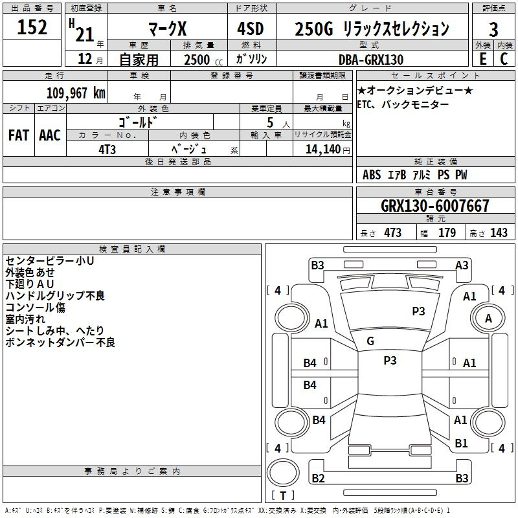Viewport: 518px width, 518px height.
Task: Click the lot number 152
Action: coord(32,27)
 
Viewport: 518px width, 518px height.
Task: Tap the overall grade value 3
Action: coord(493,29)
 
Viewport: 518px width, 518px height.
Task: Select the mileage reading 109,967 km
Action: coord(76,93)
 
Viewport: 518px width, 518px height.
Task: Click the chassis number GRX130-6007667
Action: coord(435,205)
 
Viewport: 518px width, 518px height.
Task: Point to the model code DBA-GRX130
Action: coord(371,60)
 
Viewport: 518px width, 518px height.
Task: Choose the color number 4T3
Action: coord(107,150)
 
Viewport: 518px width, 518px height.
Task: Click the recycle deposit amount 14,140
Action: coord(322,149)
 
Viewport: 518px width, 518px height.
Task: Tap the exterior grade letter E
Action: coord(483,59)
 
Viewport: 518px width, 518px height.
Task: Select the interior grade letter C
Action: coord(504,59)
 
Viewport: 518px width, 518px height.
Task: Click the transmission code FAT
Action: coord(19,135)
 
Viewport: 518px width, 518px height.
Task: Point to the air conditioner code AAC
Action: coord(50,135)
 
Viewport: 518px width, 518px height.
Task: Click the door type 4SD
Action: coord(251,28)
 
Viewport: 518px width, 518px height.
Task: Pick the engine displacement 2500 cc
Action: coord(203,60)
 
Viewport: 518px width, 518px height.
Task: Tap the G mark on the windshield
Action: coord(370,341)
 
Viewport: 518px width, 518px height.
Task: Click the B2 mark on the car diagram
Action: coord(318,478)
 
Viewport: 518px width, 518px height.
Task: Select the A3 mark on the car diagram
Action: coord(462,265)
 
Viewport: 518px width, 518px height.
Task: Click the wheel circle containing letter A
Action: coord(488,318)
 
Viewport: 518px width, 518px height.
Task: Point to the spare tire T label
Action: coord(283,495)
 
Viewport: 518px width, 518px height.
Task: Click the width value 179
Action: coord(447,232)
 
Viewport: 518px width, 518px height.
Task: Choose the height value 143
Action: coord(499,232)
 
